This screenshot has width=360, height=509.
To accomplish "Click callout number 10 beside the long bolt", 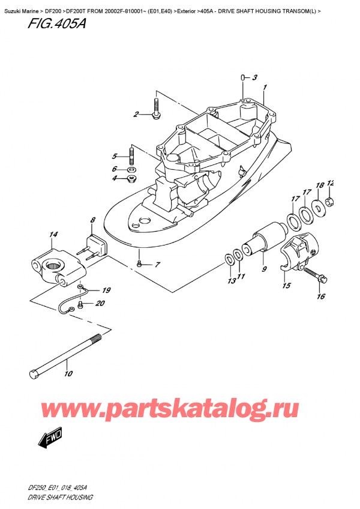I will point(68,374).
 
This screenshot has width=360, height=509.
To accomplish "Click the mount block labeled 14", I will point(53,264).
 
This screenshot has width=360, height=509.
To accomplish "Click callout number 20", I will point(99,303).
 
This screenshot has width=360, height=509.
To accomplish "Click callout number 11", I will point(241,276).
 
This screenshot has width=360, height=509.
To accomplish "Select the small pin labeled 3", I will point(241,76).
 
